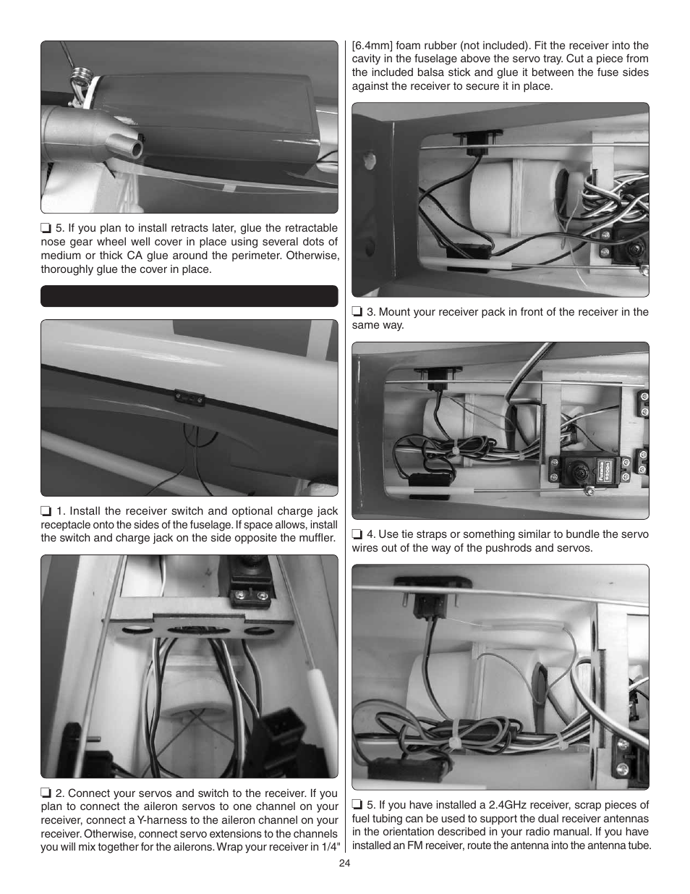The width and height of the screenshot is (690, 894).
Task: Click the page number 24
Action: click(x=344, y=861)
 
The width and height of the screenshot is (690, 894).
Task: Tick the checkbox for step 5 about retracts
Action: click(x=45, y=228)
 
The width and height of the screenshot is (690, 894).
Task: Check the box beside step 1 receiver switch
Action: click(x=45, y=510)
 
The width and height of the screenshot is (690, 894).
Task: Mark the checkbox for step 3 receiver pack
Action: click(x=357, y=312)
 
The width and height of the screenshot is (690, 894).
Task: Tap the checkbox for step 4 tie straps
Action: click(x=357, y=534)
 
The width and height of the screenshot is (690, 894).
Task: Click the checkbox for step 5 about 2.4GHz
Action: click(x=357, y=804)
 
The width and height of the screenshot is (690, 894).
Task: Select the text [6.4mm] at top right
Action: click(x=373, y=46)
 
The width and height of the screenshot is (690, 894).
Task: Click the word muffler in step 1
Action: click(x=317, y=538)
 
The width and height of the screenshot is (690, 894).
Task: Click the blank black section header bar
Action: click(x=189, y=296)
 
